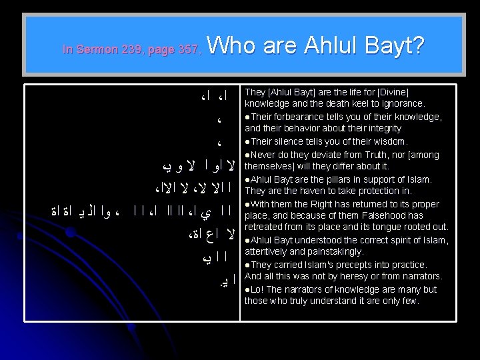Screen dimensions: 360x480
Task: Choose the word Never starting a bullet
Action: point(260,154)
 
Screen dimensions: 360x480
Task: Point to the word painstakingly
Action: point(333,252)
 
